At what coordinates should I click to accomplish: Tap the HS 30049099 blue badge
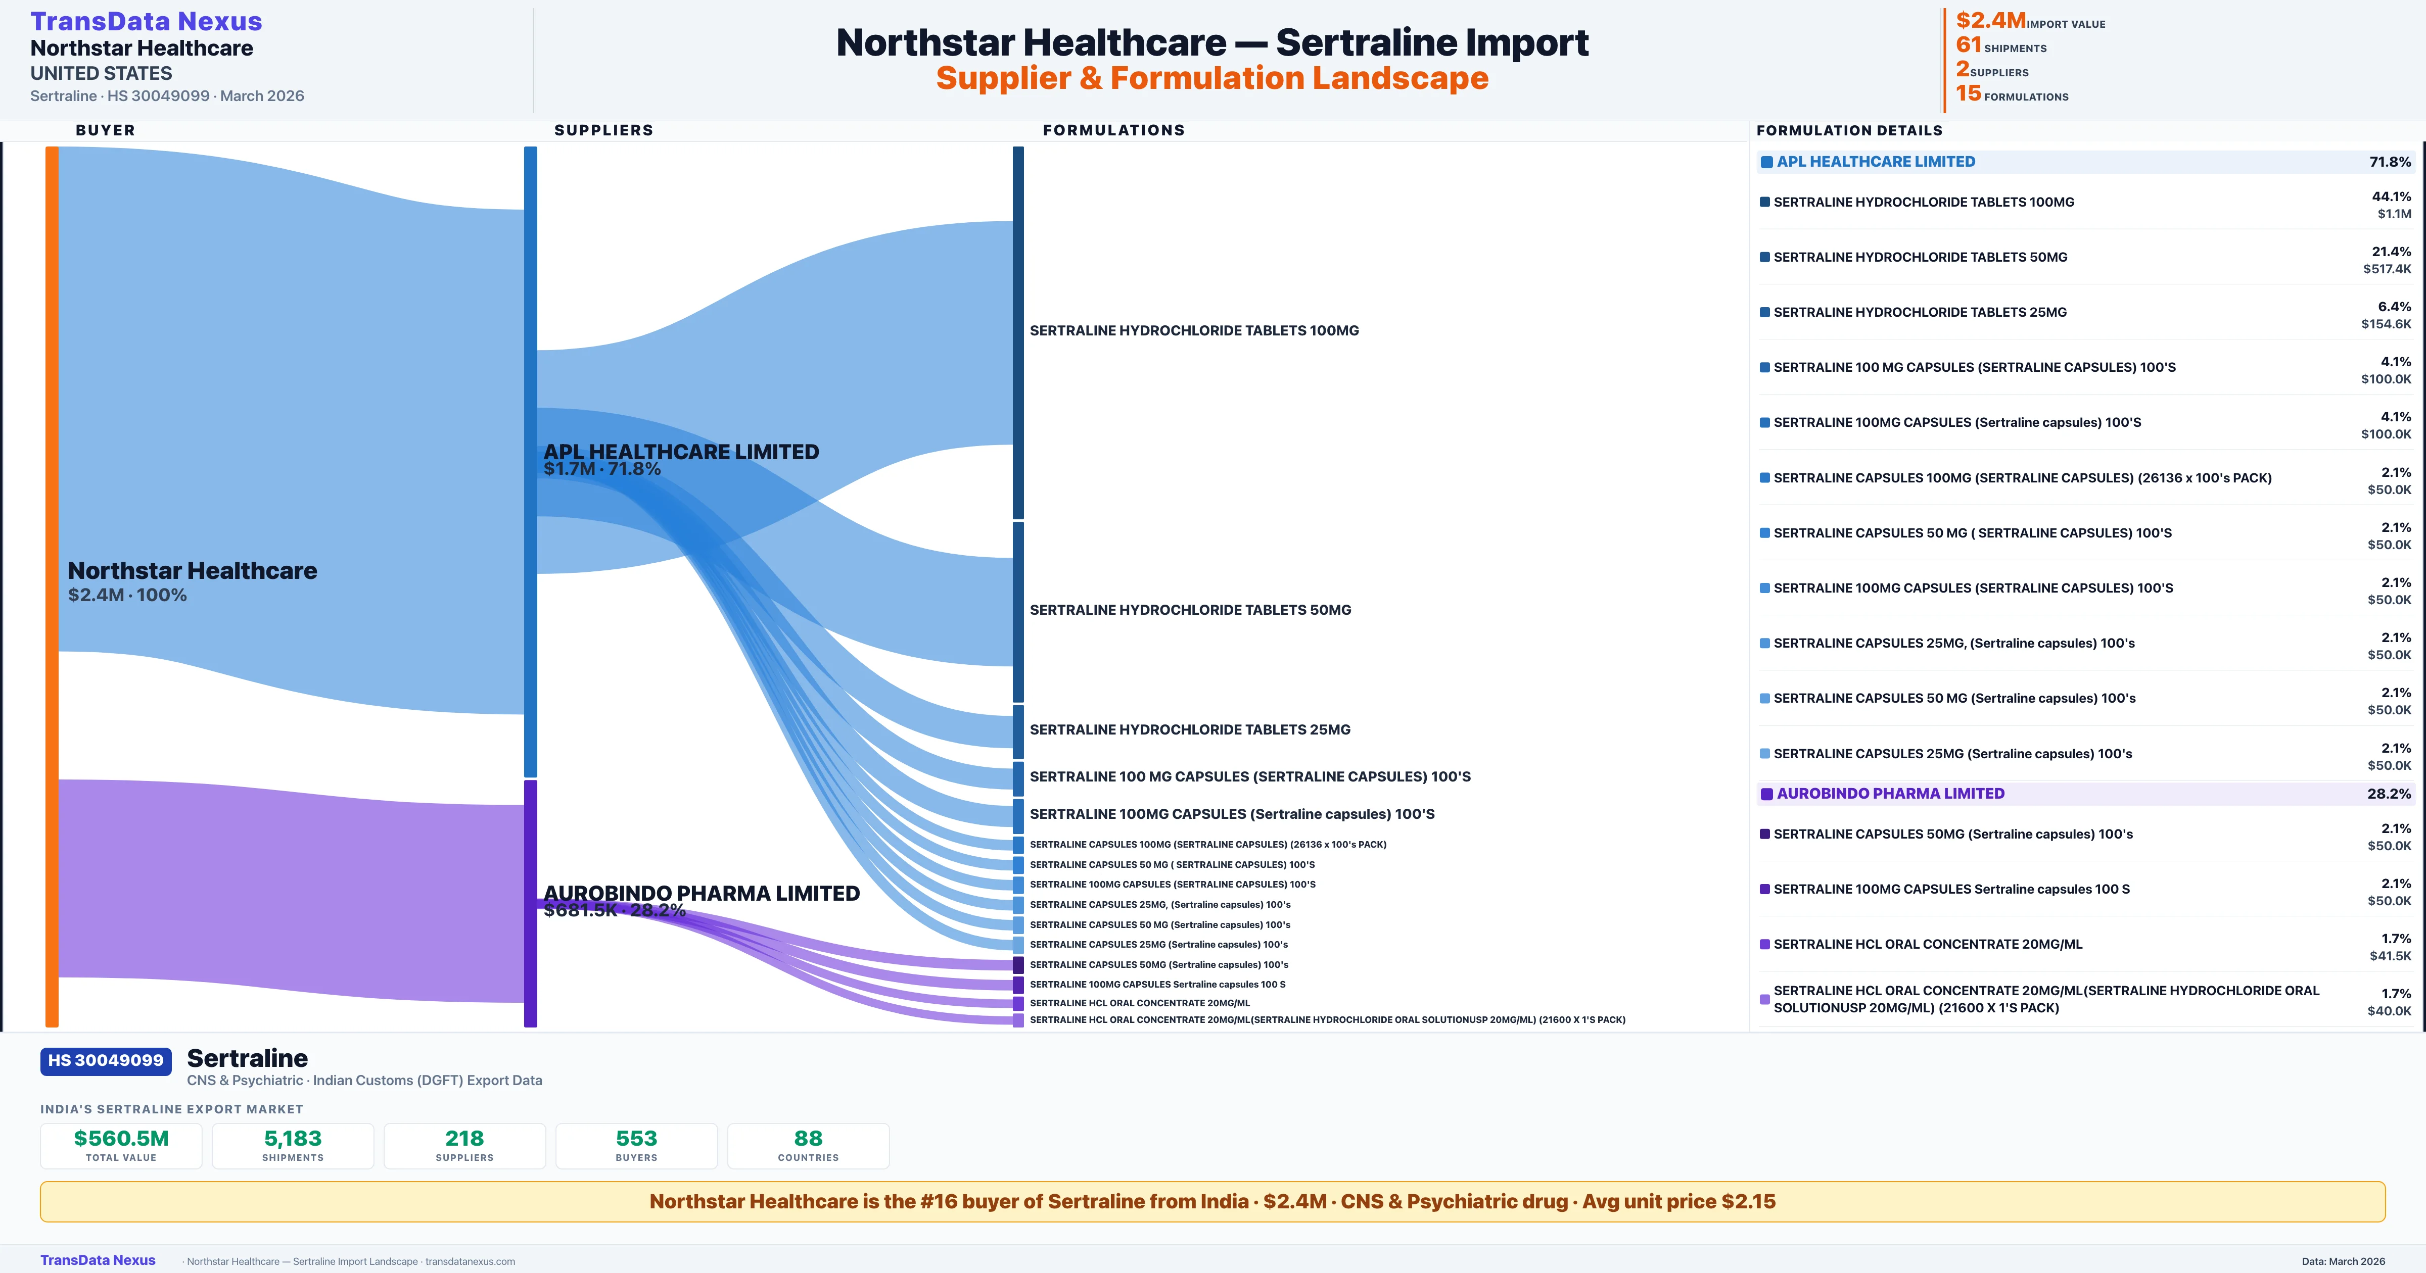106,1060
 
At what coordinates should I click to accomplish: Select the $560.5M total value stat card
121,1145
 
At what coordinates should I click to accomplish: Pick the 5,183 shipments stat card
293,1145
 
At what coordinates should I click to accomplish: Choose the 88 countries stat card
808,1145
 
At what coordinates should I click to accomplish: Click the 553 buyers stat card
637,1145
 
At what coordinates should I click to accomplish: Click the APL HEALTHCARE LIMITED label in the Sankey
681,452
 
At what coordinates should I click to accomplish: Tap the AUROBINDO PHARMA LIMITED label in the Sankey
702,893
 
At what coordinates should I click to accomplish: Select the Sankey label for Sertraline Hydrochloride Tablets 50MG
1190,610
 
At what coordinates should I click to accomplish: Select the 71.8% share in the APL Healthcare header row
2389,162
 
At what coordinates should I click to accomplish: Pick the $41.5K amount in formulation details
2389,956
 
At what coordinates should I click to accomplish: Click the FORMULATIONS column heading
1113,130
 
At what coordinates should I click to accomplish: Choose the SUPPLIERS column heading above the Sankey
603,130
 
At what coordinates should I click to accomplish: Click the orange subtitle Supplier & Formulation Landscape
1212,78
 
